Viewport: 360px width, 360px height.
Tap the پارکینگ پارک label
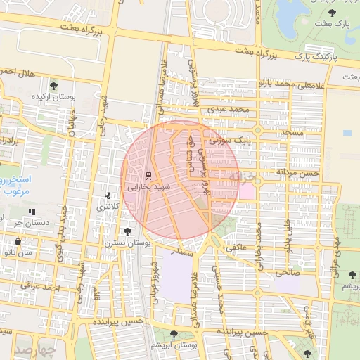[x=316, y=55]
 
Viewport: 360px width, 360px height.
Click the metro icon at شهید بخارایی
[x=148, y=176]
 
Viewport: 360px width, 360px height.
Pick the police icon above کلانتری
[x=107, y=196]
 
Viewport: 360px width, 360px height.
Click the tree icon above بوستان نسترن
[x=127, y=231]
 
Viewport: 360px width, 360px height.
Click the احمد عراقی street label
[x=32, y=286]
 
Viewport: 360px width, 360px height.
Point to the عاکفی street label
[x=235, y=247]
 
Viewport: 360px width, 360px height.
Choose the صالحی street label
[x=288, y=270]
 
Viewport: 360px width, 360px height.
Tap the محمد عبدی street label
[x=233, y=110]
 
